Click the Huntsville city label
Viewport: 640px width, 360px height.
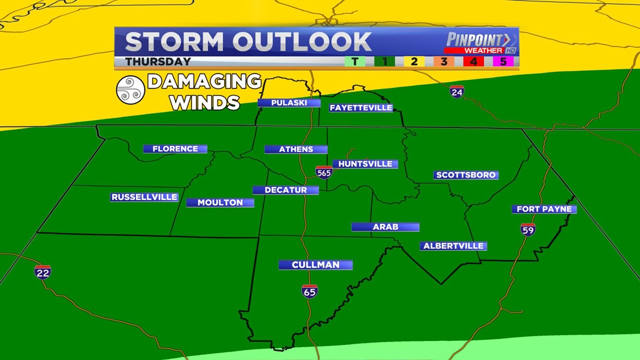(x=365, y=164)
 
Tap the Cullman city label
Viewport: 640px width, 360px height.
(x=316, y=265)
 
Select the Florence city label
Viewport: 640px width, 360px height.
(x=175, y=149)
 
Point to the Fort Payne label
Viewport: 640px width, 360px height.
(x=544, y=209)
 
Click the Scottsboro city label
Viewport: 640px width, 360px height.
(x=466, y=175)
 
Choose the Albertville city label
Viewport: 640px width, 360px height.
(x=453, y=246)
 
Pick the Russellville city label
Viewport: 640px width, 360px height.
(x=144, y=197)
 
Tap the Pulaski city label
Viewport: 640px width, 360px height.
(x=289, y=103)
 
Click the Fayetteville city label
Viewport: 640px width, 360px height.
(x=361, y=108)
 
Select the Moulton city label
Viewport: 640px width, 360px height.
(x=220, y=202)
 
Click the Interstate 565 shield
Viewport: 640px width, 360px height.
(x=323, y=172)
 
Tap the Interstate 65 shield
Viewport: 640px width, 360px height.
(x=309, y=290)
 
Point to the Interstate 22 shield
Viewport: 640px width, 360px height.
(x=43, y=272)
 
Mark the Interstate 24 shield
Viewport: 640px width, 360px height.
(x=456, y=91)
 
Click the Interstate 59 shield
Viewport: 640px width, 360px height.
(x=528, y=229)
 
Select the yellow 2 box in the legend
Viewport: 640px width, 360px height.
(x=414, y=61)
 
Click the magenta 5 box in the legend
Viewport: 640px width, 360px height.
(x=503, y=61)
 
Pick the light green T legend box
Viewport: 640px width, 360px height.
(x=354, y=61)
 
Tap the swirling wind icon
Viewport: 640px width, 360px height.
(x=130, y=90)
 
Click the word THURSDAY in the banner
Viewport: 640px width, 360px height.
(x=158, y=61)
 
